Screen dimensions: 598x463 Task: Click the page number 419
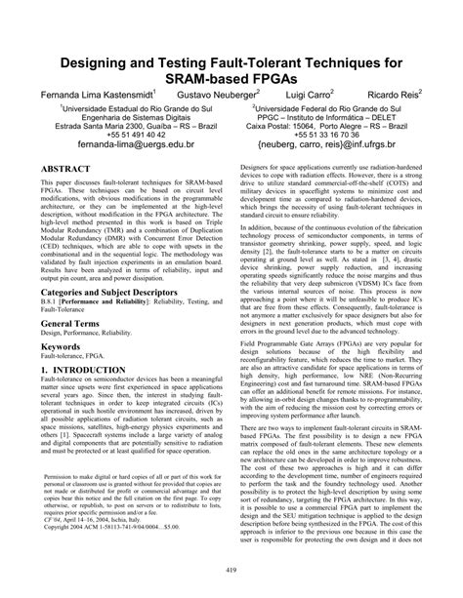coord(231,571)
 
